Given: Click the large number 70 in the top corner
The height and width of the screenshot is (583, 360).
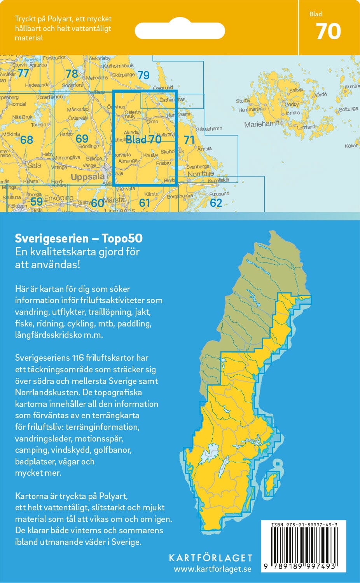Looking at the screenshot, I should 329,32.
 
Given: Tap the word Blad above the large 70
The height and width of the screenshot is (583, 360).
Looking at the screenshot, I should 315,14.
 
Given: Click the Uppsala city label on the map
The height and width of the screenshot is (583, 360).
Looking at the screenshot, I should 87,177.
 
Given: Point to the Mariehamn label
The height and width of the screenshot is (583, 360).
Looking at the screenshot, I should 262,124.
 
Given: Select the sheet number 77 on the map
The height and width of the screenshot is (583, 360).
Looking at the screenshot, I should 23,73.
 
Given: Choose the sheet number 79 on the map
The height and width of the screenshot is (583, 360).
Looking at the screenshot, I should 143,75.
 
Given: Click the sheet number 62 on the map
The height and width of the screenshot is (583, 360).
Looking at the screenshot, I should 216,202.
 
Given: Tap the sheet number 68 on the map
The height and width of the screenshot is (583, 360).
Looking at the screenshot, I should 26,140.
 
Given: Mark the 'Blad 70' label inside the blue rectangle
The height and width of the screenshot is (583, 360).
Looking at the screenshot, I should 143,140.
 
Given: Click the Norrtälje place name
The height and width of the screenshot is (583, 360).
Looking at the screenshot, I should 201,174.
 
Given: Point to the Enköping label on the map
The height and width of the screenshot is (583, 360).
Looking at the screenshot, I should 59,198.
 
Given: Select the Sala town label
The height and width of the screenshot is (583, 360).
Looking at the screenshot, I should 34,165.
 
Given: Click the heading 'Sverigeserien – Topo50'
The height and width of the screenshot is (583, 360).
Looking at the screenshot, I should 79,238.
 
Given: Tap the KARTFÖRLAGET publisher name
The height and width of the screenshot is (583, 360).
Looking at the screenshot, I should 210,558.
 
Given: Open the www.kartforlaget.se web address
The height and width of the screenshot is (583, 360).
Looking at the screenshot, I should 212,569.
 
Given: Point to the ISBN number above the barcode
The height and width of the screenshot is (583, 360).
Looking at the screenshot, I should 304,525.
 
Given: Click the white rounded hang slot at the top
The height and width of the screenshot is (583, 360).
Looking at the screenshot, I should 180,31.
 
